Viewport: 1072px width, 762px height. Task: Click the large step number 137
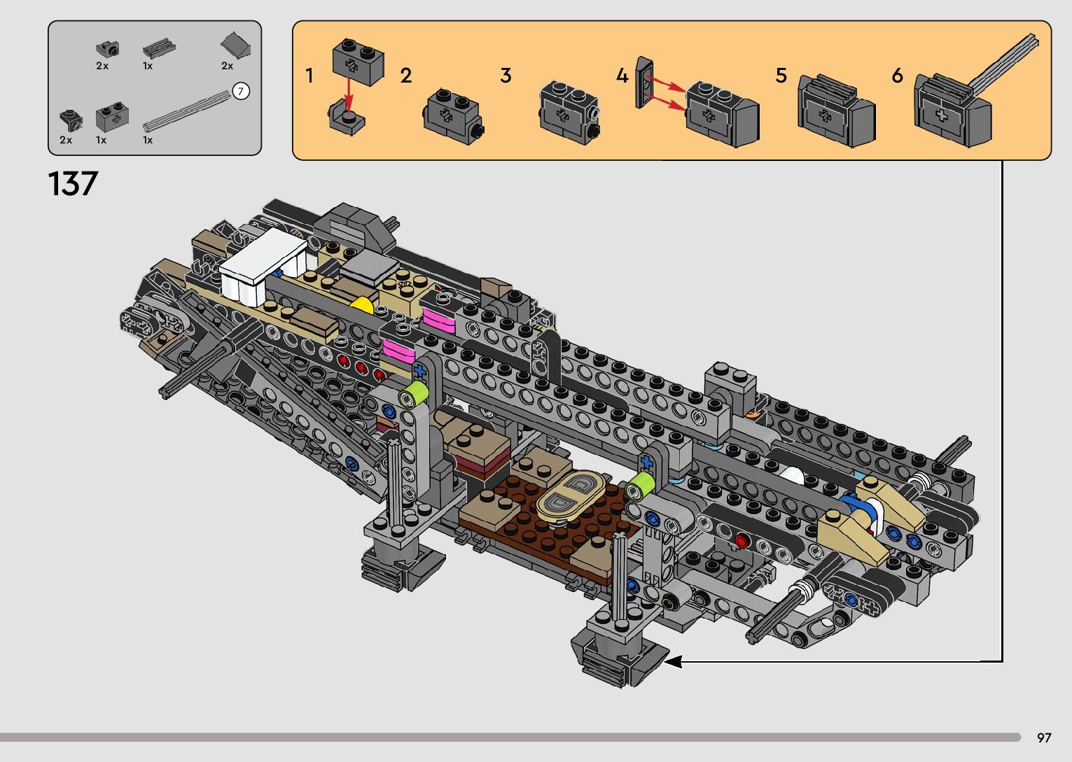[73, 184]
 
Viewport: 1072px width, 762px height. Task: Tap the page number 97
[1044, 738]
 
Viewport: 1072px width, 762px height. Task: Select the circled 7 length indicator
[241, 91]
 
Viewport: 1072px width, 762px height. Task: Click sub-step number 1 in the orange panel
[309, 76]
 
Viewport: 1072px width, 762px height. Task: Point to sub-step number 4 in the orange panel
[622, 76]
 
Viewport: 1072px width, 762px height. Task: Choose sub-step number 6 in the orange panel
[898, 76]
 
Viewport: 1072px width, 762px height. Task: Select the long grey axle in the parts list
[188, 111]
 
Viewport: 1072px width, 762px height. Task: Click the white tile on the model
[263, 265]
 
